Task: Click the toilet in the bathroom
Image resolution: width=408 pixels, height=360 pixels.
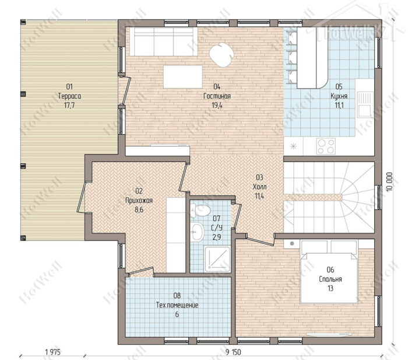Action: click(x=200, y=210)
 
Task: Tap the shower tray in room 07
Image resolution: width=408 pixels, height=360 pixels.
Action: click(x=217, y=259)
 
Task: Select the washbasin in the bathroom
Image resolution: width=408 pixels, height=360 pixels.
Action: click(x=197, y=232)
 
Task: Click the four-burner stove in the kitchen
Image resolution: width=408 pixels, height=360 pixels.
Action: click(x=326, y=146)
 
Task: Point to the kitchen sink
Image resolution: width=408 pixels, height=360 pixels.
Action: click(x=365, y=104)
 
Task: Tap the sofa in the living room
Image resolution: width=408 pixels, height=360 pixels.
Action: click(x=163, y=41)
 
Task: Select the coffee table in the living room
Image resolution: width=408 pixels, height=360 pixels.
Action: click(x=183, y=77)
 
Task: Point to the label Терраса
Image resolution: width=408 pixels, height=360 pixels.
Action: click(x=69, y=96)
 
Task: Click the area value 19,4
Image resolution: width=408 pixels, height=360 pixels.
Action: click(x=217, y=105)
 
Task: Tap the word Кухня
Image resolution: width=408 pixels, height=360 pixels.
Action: click(x=339, y=96)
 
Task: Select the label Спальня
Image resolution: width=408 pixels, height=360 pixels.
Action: click(x=330, y=279)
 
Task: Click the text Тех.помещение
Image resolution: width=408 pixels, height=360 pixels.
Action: click(x=177, y=305)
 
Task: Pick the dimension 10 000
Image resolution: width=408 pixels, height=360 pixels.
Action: click(x=389, y=182)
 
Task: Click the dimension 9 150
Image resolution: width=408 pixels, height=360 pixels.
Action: click(x=233, y=352)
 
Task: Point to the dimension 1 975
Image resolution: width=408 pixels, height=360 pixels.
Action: click(x=53, y=352)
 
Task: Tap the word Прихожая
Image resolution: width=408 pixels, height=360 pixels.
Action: click(x=139, y=200)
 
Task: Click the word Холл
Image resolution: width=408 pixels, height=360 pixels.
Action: click(x=260, y=187)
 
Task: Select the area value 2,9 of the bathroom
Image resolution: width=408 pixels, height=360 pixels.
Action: click(x=216, y=237)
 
